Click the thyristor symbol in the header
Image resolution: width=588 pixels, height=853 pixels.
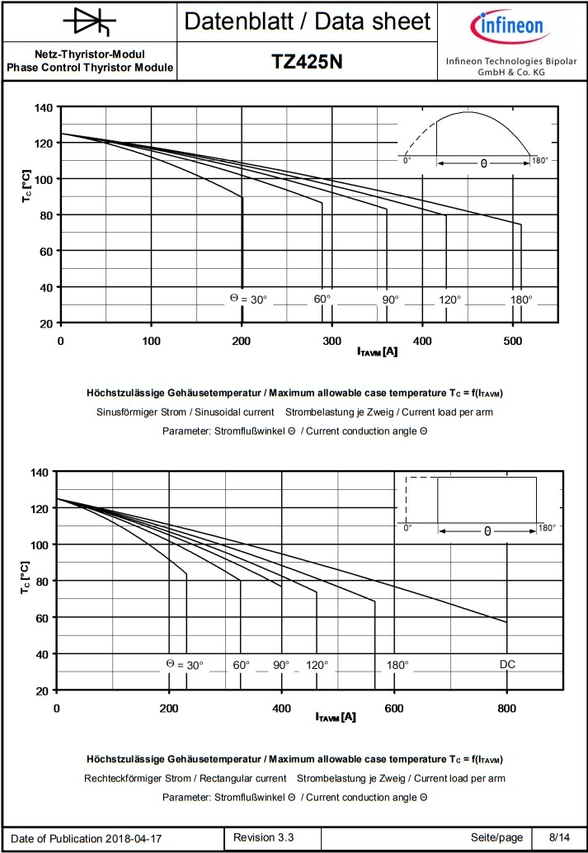tap(88, 21)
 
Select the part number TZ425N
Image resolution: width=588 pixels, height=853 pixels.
tap(308, 62)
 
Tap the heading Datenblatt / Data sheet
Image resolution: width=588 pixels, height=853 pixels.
tap(308, 21)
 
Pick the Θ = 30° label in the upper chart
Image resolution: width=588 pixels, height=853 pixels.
tap(248, 299)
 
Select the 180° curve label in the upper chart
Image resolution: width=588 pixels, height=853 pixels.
tap(521, 299)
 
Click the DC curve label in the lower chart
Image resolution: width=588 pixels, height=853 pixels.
tap(508, 664)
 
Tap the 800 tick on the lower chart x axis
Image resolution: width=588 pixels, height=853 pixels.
tap(507, 708)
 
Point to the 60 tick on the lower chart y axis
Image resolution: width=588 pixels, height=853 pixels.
tap(39, 617)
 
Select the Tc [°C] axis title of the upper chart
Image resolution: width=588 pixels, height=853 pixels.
tap(27, 188)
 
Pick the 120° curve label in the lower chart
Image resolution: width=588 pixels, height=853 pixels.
tap(318, 664)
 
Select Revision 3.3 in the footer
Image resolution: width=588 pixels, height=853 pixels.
tap(264, 837)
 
